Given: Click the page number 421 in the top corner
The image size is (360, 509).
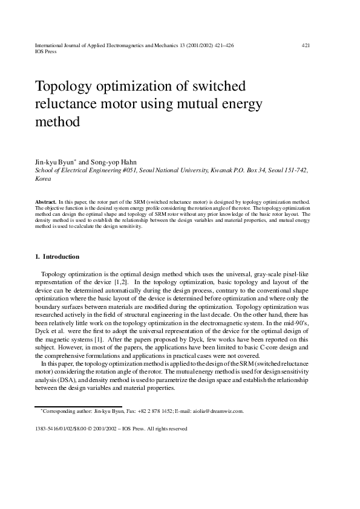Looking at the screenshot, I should point(306,45).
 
